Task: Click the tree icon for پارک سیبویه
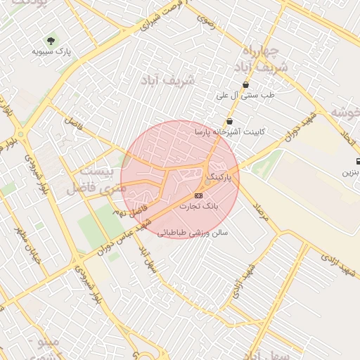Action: tap(51, 40)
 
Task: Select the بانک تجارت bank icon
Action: tap(198, 195)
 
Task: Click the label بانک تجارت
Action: tap(200, 207)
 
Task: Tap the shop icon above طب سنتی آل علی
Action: tap(245, 85)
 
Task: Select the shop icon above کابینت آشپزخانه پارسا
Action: tap(230, 122)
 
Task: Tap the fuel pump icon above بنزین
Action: tap(358, 161)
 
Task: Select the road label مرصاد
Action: tap(262, 212)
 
